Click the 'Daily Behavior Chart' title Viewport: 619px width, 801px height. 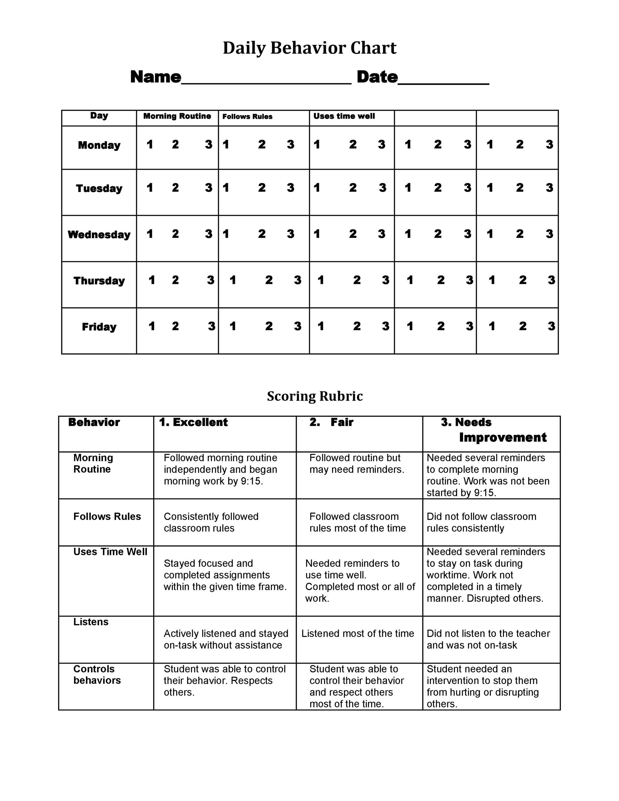(309, 48)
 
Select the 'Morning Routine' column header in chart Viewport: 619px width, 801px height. (177, 116)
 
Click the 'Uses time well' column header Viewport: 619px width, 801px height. (344, 116)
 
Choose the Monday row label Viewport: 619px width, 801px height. (99, 145)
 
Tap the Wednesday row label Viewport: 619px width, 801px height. (99, 235)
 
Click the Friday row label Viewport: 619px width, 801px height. (99, 327)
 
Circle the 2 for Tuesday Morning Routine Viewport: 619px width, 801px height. (175, 188)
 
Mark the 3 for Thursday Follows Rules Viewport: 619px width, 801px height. (297, 280)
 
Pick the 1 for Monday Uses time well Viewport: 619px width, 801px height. (317, 145)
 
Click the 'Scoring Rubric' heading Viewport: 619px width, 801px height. (315, 396)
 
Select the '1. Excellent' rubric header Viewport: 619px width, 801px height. (193, 422)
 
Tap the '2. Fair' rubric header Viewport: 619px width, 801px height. (331, 422)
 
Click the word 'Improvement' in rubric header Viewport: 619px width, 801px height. (503, 438)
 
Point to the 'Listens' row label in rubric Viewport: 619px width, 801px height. (91, 622)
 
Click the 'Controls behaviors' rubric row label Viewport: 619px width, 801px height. (97, 675)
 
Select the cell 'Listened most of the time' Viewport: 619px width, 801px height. (358, 634)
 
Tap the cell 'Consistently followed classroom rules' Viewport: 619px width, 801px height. (211, 522)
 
